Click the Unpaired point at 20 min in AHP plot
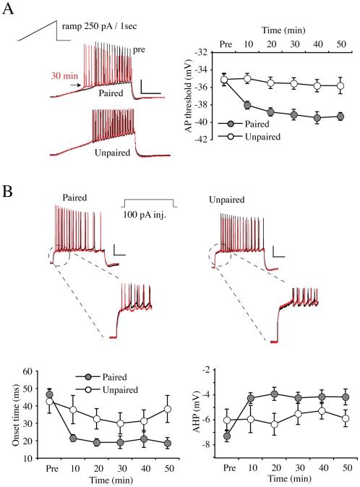tap(274, 424)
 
